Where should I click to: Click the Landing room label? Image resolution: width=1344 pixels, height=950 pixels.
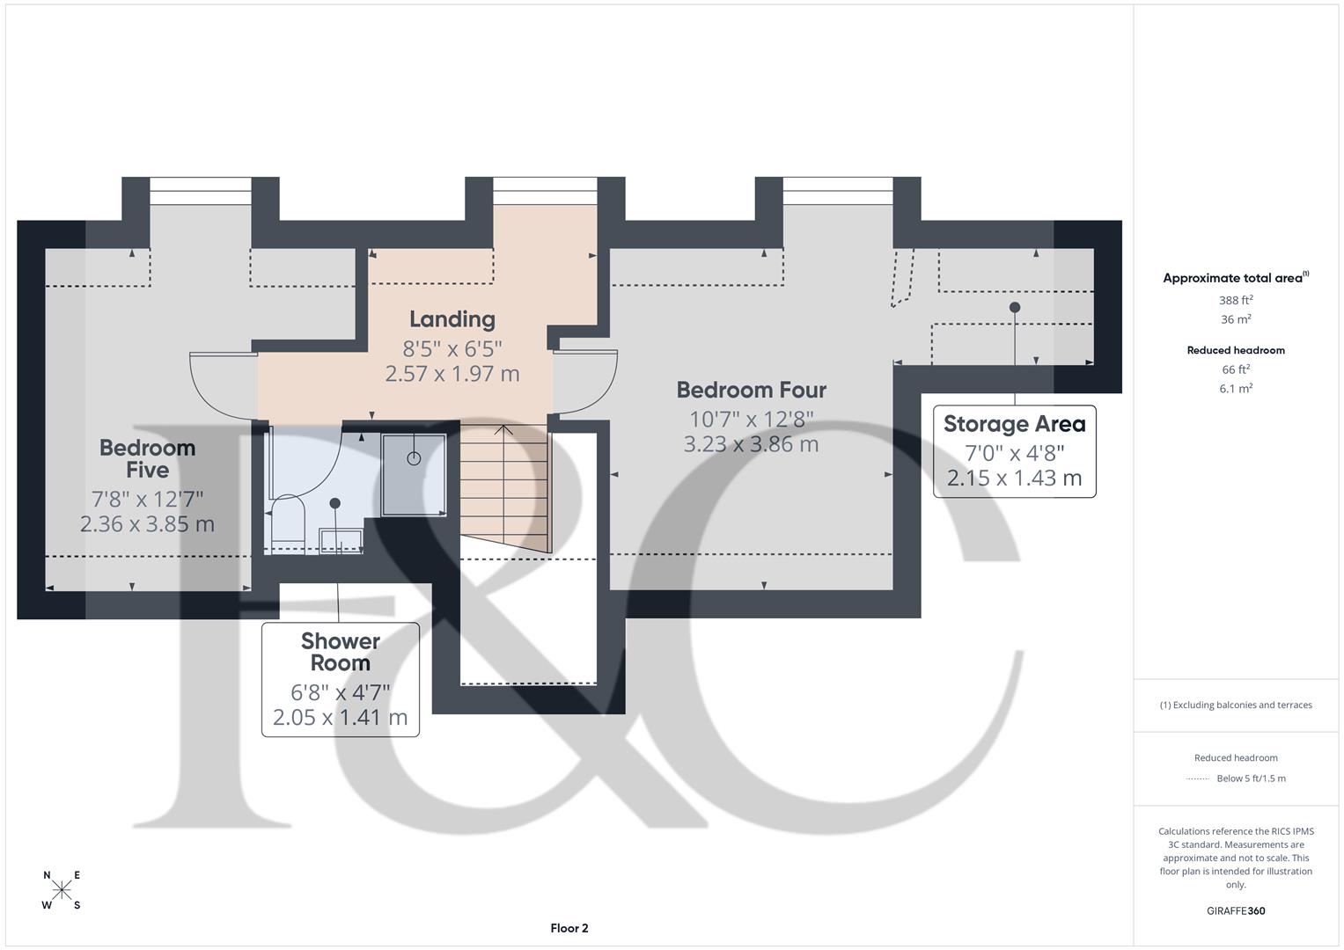coord(452,319)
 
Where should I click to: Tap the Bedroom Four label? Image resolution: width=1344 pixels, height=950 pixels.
coord(751,390)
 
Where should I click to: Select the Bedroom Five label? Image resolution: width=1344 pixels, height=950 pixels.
coord(147,458)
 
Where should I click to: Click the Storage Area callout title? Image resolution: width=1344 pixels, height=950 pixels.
coord(1014,424)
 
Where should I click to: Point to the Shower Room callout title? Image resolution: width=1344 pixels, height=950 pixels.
coord(340,652)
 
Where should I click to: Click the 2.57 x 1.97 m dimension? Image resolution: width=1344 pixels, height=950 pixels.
coord(452,374)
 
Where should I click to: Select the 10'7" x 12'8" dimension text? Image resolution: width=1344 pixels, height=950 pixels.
coord(751,419)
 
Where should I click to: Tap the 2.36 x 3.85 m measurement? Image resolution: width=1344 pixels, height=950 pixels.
coord(147,524)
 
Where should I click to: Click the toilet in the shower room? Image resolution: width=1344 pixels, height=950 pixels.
coord(287,522)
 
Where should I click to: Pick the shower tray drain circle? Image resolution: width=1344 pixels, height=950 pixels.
coord(414,458)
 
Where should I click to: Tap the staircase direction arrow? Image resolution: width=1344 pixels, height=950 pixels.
coord(503,431)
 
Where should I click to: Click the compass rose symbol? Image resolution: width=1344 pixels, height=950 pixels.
coord(62,890)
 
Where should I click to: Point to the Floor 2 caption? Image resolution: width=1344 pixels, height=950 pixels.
coord(569,928)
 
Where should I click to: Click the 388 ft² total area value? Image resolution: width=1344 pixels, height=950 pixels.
coord(1235,300)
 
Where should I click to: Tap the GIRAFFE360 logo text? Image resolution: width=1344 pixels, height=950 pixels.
coord(1235,910)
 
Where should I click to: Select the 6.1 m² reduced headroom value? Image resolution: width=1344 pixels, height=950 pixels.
coord(1235,388)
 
